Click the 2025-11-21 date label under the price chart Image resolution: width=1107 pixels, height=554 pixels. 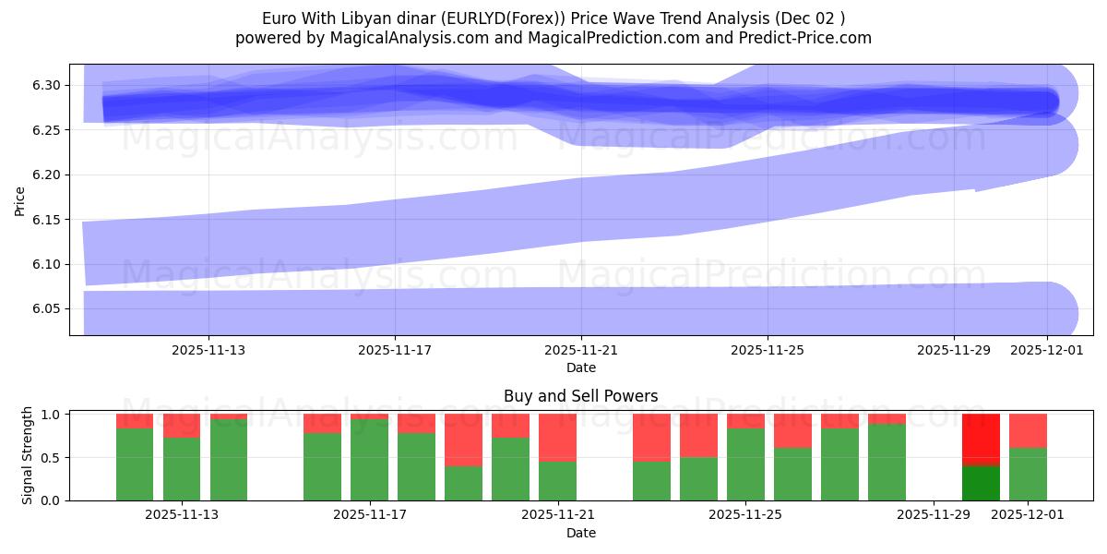coord(581,350)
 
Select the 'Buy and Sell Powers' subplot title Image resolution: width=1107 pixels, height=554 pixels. coord(580,396)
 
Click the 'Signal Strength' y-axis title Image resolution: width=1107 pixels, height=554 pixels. coord(28,455)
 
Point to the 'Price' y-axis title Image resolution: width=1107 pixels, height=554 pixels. coord(20,200)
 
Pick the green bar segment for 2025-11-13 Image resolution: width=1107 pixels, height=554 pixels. coord(182,469)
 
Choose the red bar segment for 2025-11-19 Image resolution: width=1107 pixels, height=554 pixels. coord(463,440)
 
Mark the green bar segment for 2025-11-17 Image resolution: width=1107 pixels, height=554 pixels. coord(369,460)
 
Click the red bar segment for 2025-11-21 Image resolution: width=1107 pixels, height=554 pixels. coord(557,437)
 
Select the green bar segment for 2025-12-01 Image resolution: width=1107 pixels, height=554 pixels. coord(1028,474)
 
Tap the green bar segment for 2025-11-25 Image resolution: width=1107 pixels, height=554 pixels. coord(745,464)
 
